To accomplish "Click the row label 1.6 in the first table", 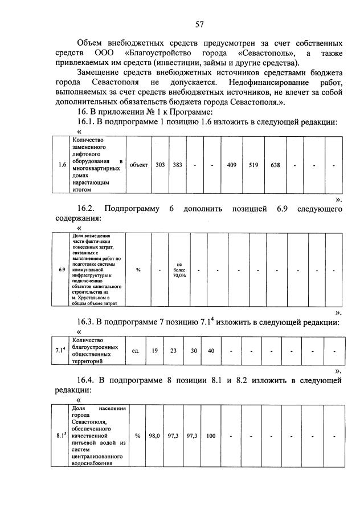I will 63,165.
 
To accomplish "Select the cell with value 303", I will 160,165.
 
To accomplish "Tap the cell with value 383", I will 177,165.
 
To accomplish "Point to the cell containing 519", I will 253,165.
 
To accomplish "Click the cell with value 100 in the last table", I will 211,436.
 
